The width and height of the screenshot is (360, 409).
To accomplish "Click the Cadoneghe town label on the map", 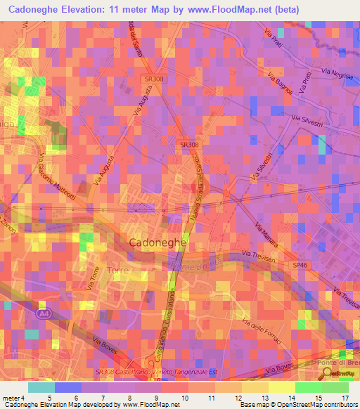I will click(x=157, y=242).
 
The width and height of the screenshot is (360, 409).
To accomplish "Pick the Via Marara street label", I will click(x=266, y=236).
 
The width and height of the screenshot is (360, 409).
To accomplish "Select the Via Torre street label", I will click(x=93, y=278).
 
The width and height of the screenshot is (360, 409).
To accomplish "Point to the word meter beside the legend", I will click(x=11, y=398).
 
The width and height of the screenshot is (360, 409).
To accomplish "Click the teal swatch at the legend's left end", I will click(x=41, y=387).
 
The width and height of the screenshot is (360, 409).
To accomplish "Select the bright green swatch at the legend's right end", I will click(x=335, y=387).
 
